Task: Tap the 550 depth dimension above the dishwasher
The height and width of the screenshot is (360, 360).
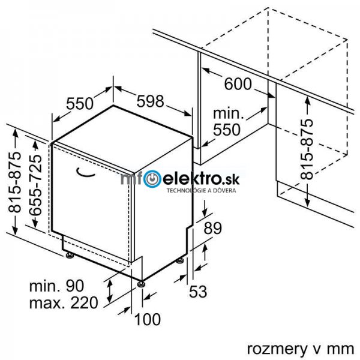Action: [x=80, y=104]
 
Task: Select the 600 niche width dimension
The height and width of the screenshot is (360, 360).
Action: [x=239, y=84]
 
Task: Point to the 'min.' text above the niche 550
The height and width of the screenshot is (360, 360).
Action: [x=228, y=113]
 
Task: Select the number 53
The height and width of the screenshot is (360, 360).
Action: [x=198, y=292]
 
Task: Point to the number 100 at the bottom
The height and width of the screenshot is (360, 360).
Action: [x=148, y=320]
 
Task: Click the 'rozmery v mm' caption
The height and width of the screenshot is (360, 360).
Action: [x=296, y=348]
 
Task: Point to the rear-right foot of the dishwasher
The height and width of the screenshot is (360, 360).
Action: [x=180, y=261]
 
